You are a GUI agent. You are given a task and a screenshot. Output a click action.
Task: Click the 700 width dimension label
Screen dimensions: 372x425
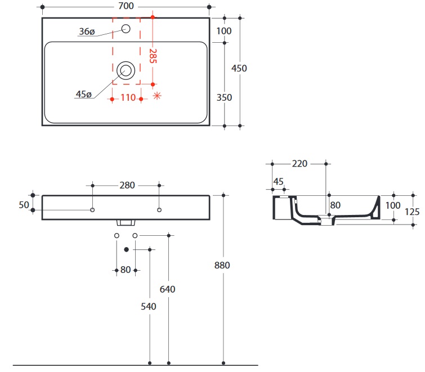(126, 6)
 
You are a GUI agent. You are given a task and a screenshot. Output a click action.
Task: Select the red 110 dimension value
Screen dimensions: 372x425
(128, 97)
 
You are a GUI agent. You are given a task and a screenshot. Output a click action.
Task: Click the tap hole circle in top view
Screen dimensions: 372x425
(126, 29)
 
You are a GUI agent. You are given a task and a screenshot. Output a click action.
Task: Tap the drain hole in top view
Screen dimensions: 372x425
(126, 71)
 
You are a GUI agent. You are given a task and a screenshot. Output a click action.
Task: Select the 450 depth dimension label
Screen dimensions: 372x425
(239, 68)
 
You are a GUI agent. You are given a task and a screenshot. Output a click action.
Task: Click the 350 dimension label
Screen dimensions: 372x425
(224, 97)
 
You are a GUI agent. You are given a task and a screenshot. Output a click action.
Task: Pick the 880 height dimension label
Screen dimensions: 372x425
(223, 265)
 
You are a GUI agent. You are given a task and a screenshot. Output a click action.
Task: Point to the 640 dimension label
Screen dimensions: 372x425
(168, 289)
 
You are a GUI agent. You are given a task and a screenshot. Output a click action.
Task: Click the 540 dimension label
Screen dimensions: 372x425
(149, 306)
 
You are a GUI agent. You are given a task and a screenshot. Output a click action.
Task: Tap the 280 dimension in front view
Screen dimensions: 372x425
(126, 185)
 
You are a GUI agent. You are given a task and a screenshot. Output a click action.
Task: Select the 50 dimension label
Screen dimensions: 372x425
(24, 205)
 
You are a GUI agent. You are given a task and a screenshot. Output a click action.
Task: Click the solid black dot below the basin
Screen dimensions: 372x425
(127, 249)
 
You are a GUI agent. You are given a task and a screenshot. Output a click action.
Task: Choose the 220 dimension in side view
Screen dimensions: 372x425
(299, 164)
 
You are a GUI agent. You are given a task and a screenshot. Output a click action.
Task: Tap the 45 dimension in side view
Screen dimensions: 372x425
(278, 181)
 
